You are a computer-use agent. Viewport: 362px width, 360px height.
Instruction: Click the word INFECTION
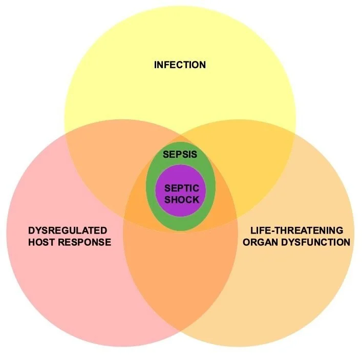180,65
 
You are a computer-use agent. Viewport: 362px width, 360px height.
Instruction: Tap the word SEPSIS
180,154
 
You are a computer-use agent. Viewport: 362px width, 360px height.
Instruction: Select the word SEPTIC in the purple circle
181,188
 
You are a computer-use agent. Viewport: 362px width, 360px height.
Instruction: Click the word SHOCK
181,199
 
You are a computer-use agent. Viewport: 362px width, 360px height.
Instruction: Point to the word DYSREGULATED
68,230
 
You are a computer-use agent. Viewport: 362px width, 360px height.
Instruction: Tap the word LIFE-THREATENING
297,230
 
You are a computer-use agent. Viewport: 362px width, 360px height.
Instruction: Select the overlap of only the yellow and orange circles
256,154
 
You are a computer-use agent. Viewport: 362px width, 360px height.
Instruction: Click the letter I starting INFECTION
156,65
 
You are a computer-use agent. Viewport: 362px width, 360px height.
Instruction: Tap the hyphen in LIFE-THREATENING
270,231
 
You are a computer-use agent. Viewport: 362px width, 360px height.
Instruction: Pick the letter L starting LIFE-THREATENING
253,230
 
